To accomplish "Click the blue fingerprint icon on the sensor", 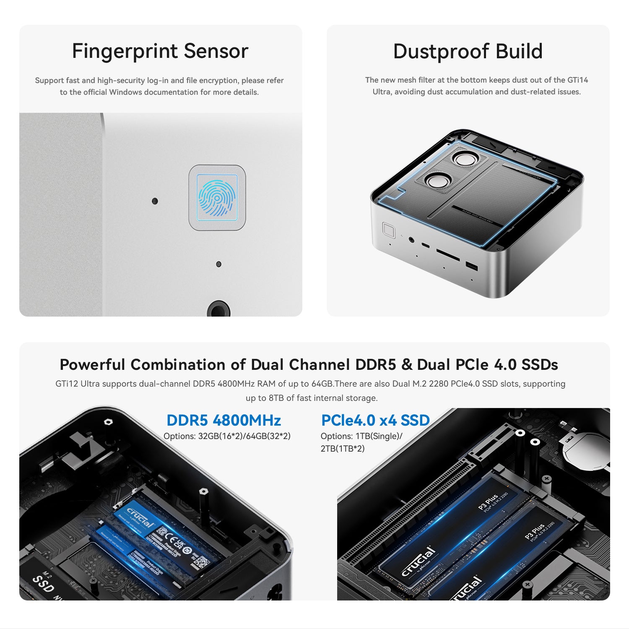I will click(217, 198).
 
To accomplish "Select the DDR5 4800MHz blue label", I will click(224, 420).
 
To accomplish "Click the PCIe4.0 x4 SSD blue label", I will click(375, 420).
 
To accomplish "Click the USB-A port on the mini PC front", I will click(471, 266).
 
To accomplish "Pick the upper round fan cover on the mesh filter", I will click(465, 159).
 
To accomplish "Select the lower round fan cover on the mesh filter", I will click(437, 181).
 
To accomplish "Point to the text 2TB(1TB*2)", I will click(343, 449).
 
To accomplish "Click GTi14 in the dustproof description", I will click(577, 80).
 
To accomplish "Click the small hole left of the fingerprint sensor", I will click(155, 201).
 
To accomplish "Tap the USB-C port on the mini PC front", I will click(425, 245).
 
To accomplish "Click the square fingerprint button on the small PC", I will click(388, 230).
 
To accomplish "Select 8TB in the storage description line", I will click(276, 398).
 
